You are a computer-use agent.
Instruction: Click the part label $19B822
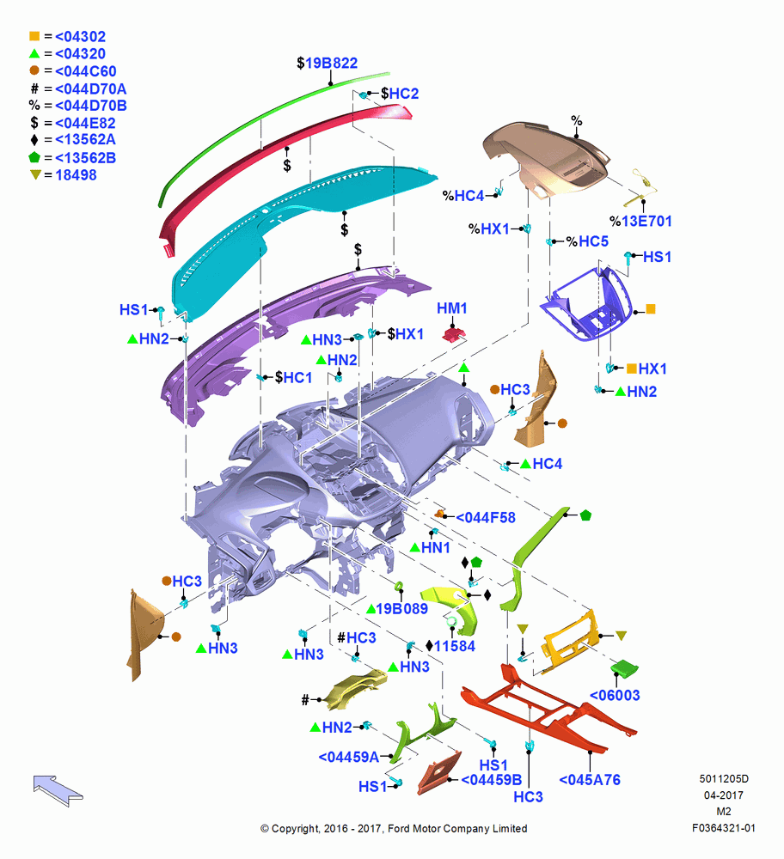coord(327,64)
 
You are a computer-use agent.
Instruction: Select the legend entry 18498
coord(76,175)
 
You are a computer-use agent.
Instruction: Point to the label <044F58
coord(486,518)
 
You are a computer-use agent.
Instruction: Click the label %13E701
coord(640,222)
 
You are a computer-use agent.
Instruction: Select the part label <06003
coord(615,695)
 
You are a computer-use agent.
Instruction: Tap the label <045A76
coord(590,780)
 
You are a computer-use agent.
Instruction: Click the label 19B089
coord(401,609)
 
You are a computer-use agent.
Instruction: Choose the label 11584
coord(455,647)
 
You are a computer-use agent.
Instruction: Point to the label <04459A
coord(349,757)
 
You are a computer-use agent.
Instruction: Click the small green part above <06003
coord(624,667)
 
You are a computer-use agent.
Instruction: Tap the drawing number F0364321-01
coord(724,828)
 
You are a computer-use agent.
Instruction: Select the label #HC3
coord(357,637)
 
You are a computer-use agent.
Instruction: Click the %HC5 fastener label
coord(587,241)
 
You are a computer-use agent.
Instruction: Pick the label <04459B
coord(491,780)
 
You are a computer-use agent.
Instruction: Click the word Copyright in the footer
coord(296,829)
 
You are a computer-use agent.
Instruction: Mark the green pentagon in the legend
coord(34,157)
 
